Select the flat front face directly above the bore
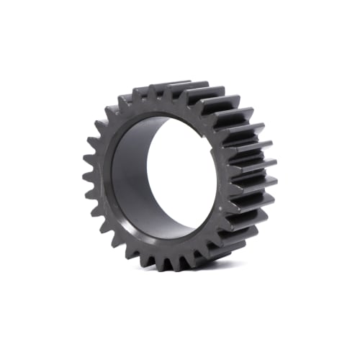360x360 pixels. [158, 108]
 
